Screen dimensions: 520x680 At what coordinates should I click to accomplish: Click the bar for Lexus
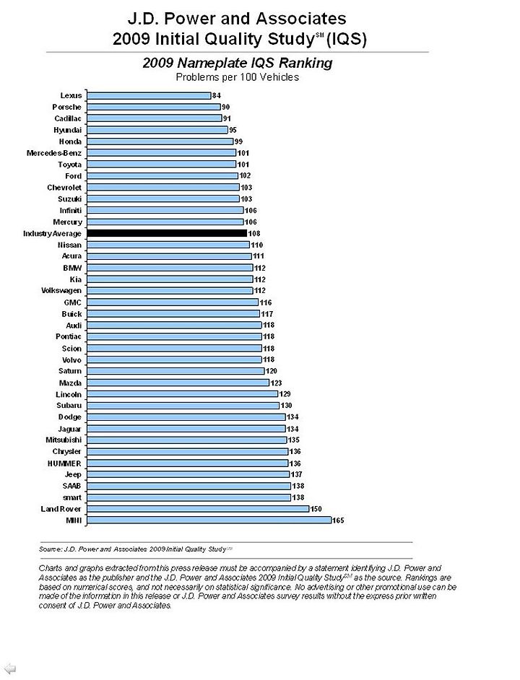(149, 95)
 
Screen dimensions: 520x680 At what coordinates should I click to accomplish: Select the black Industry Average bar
(167, 233)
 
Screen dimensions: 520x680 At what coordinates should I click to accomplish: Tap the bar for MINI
(209, 520)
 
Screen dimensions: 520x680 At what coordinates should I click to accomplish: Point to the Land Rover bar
(198, 509)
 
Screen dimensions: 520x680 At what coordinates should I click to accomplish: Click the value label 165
(338, 520)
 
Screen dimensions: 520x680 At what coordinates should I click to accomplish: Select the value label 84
(216, 95)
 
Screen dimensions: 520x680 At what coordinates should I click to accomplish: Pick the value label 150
(316, 509)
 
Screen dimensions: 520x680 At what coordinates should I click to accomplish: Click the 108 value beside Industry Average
(254, 233)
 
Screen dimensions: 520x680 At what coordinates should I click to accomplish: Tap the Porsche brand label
(67, 107)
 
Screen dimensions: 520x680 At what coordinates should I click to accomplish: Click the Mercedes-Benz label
(54, 153)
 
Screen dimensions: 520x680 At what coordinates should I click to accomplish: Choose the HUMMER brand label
(64, 463)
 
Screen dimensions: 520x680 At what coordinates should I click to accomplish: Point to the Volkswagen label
(61, 291)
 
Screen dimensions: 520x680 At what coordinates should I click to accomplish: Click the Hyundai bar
(157, 130)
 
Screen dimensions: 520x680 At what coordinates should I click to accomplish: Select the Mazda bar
(178, 383)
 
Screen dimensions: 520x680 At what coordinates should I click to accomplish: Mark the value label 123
(276, 383)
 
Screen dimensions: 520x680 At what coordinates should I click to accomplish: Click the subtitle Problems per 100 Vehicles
(238, 77)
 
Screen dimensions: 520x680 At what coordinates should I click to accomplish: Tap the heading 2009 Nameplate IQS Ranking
(238, 63)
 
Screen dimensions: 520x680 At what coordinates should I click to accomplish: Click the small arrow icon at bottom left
(9, 668)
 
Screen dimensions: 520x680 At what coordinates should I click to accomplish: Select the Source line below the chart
(136, 549)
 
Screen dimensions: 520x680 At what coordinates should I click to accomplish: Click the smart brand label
(72, 497)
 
